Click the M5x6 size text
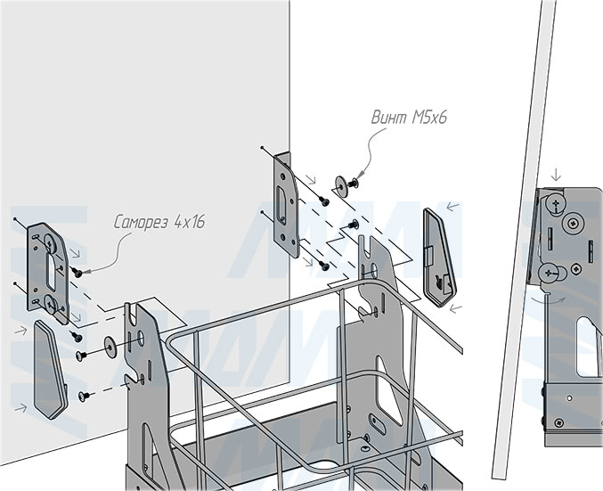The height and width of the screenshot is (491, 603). tap(429, 117)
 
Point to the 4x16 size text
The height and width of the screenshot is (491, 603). tap(189, 222)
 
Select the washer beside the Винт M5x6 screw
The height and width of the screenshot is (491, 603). tap(341, 183)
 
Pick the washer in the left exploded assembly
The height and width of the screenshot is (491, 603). tap(110, 347)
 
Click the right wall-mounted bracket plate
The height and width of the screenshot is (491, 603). tap(286, 204)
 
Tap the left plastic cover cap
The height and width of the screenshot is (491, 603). tap(50, 370)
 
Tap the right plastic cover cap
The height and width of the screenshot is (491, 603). tap(439, 257)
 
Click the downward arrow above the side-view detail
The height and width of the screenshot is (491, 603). tap(556, 175)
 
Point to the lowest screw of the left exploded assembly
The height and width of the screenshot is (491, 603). tap(84, 396)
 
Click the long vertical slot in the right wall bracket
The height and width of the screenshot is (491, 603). tap(281, 206)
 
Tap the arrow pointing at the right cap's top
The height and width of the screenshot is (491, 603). tap(453, 207)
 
